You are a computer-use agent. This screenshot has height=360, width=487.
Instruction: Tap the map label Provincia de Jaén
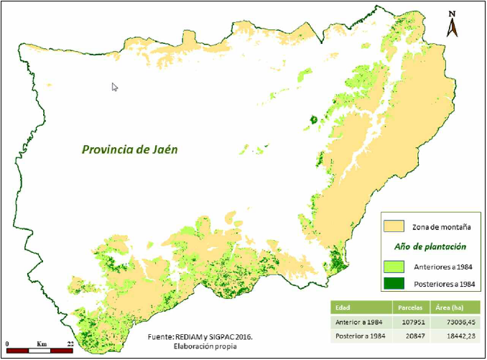[x=129, y=149]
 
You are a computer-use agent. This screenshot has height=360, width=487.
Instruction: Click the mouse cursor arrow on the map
[x=115, y=87]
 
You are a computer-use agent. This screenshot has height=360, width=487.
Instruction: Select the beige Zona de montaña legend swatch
[x=394, y=226]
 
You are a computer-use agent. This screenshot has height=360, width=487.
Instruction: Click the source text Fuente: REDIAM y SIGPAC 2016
[x=190, y=336]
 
